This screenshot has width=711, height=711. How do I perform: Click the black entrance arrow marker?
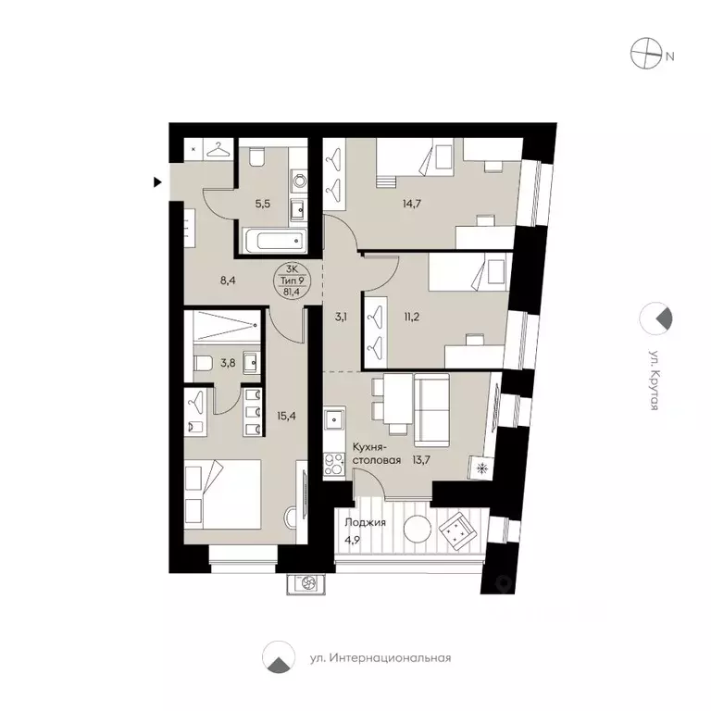(158, 181)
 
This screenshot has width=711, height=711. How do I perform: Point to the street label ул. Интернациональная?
(380, 658)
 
